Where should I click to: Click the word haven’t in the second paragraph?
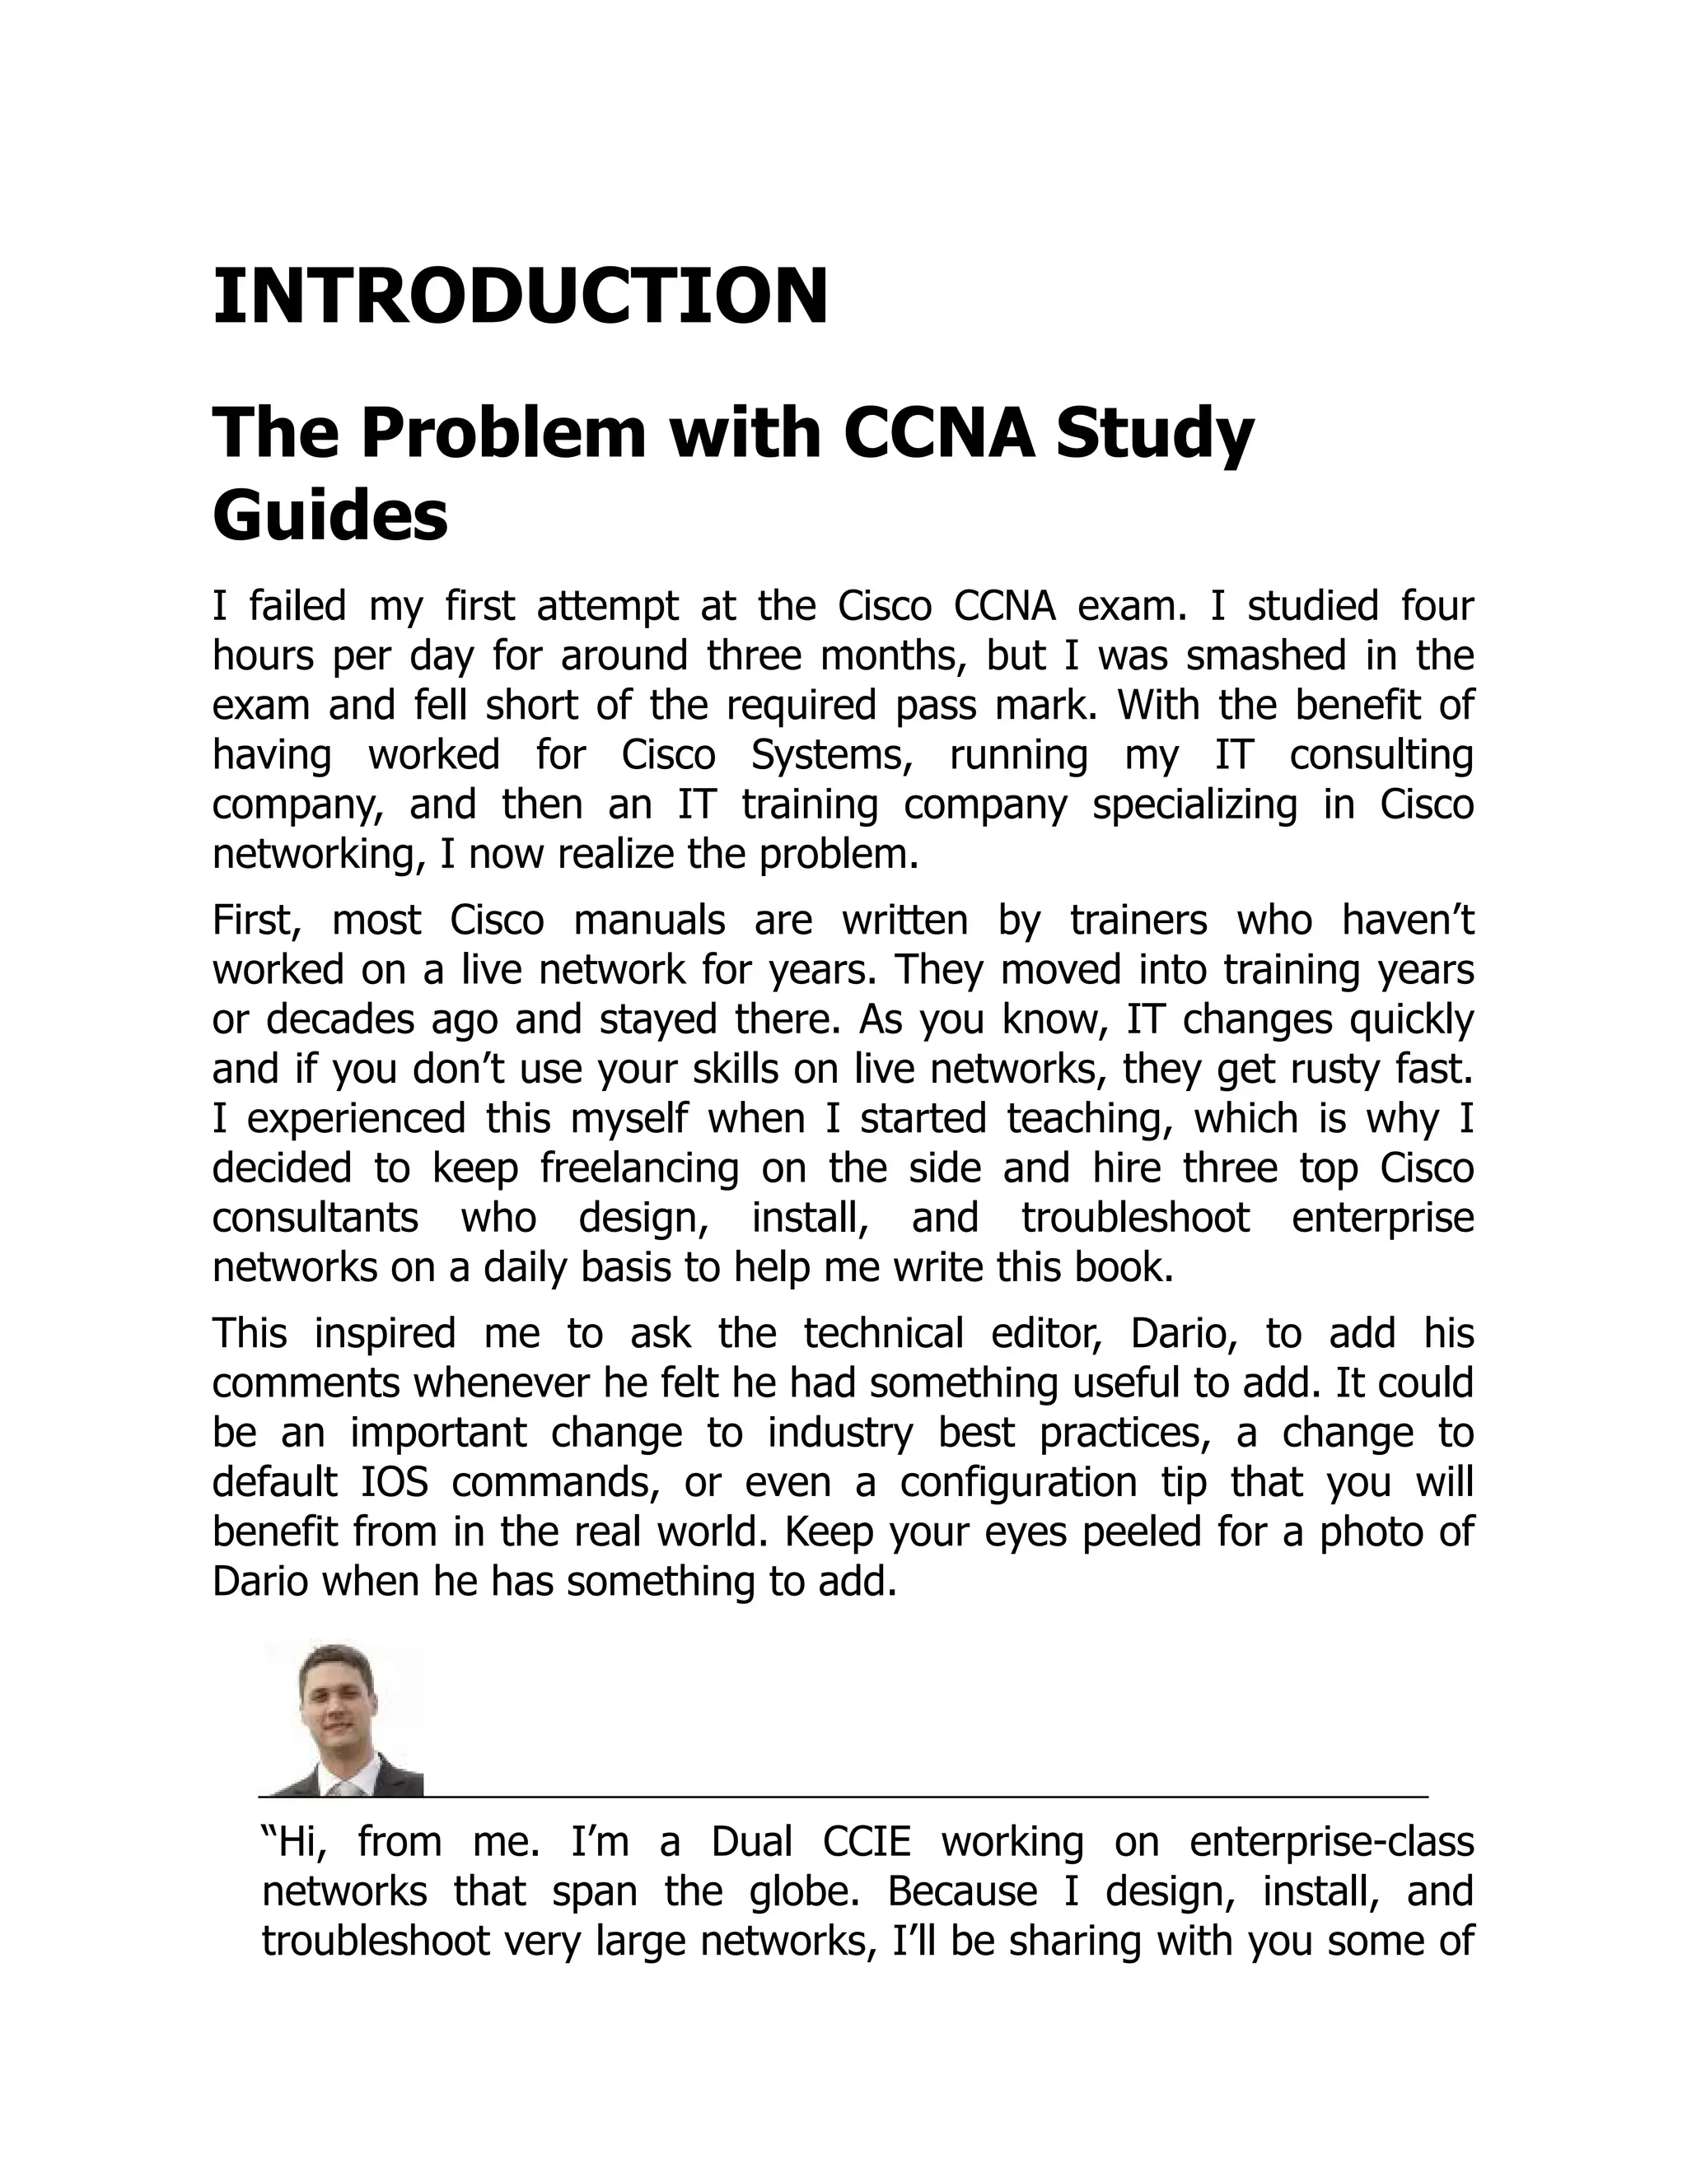(1407, 921)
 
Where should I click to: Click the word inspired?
(385, 1334)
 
